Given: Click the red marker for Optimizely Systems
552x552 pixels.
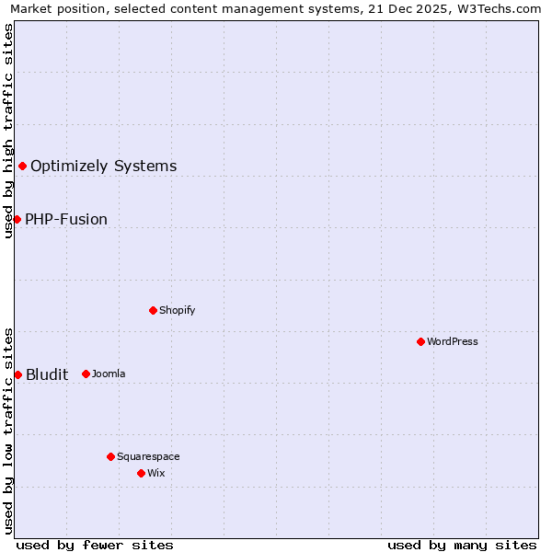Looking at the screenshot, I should pyautogui.click(x=22, y=166).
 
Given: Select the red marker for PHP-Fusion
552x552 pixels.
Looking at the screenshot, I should pyautogui.click(x=17, y=219).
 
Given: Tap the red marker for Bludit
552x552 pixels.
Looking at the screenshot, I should pyautogui.click(x=17, y=374).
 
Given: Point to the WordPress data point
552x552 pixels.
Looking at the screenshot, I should pyautogui.click(x=420, y=341).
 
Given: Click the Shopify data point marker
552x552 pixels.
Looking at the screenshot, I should pyautogui.click(x=153, y=310).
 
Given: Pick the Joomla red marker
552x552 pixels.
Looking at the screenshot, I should pyautogui.click(x=86, y=374).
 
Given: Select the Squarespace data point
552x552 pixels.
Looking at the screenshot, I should pyautogui.click(x=110, y=456).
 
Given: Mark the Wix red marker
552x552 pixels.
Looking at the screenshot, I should pyautogui.click(x=141, y=473).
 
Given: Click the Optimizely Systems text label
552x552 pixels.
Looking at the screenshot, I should pyautogui.click(x=103, y=167).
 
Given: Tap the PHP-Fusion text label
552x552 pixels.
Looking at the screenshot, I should pyautogui.click(x=66, y=220).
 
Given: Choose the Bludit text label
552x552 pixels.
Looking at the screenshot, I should pyautogui.click(x=47, y=374).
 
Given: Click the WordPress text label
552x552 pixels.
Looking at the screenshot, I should pyautogui.click(x=453, y=342).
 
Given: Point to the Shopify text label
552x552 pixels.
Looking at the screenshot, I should pyautogui.click(x=178, y=311).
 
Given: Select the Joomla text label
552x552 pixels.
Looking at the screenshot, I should pyautogui.click(x=109, y=374).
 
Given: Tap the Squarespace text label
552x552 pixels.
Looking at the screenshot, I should pyautogui.click(x=148, y=457).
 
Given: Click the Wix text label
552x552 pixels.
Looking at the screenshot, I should pyautogui.click(x=155, y=474).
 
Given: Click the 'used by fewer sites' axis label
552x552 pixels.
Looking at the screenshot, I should pyautogui.click(x=95, y=545).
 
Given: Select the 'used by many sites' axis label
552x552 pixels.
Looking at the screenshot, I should pyautogui.click(x=462, y=545).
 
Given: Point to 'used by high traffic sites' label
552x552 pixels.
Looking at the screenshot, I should pyautogui.click(x=8, y=131).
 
